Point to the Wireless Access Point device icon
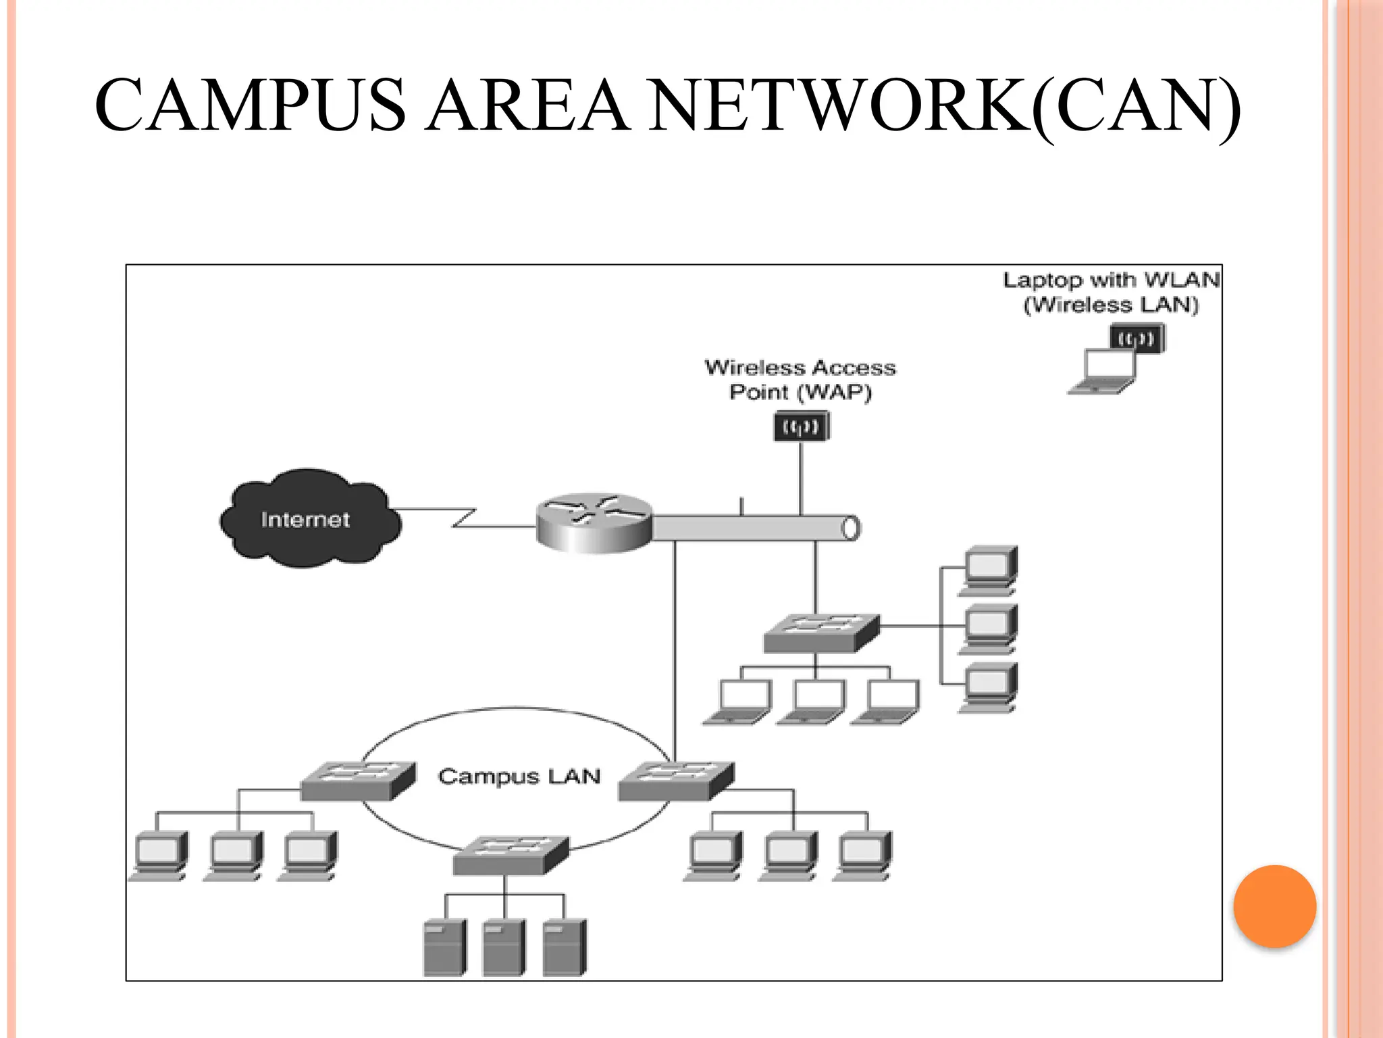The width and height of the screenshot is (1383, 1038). (801, 426)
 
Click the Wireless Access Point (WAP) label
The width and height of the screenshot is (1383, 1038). (800, 380)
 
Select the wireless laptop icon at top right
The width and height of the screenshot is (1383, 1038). (1114, 362)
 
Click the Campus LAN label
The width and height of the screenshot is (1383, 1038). (519, 776)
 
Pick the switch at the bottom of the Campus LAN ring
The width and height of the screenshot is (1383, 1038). (510, 856)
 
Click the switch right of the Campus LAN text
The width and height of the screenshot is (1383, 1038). (676, 781)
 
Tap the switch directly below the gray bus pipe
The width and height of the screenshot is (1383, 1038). (821, 633)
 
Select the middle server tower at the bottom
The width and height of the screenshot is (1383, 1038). (504, 947)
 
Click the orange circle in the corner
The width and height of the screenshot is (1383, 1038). (1274, 906)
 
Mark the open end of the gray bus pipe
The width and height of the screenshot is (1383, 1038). (851, 528)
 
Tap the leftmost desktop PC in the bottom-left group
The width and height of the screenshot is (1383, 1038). (159, 856)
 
